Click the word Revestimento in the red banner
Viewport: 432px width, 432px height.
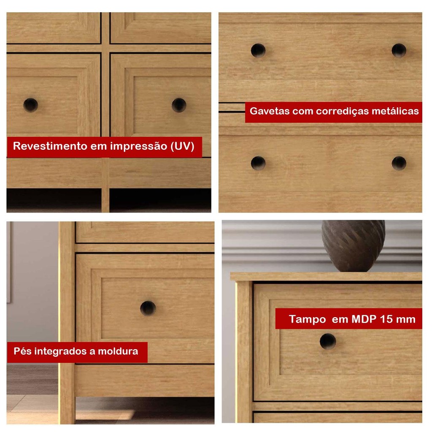click(x=50, y=146)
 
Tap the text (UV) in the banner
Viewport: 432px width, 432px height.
click(x=182, y=146)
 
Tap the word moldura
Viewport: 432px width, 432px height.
click(x=118, y=351)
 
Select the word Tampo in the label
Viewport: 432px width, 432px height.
click(x=307, y=319)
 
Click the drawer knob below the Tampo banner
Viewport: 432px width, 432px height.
click(x=328, y=341)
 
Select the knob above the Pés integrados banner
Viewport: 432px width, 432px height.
click(x=148, y=308)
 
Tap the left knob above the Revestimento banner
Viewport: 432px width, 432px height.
click(x=30, y=105)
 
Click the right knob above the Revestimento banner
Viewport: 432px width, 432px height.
click(x=179, y=105)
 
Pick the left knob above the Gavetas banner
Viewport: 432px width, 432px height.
click(x=258, y=51)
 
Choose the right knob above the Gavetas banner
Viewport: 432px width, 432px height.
click(x=399, y=51)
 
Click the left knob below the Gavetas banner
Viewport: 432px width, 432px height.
click(x=258, y=163)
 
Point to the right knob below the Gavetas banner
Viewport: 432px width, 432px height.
click(x=399, y=163)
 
